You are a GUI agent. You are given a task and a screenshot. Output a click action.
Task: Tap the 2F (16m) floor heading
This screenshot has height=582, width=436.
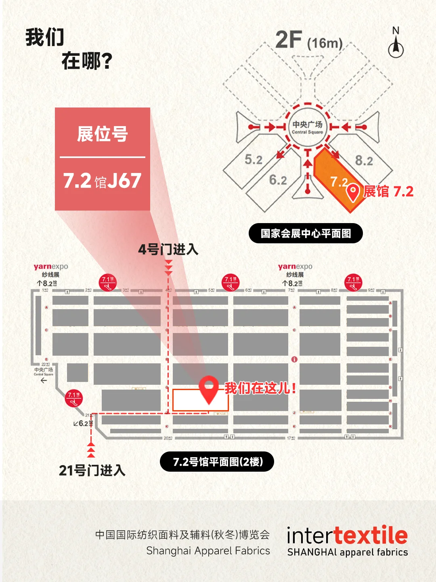pyautogui.click(x=309, y=40)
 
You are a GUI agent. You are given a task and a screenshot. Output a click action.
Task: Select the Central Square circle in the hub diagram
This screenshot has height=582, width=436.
pyautogui.click(x=308, y=127)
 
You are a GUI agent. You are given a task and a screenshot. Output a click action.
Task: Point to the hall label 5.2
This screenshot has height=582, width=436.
pyautogui.click(x=254, y=160)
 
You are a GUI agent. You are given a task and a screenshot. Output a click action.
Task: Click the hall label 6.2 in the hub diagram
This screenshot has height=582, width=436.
pyautogui.click(x=278, y=180)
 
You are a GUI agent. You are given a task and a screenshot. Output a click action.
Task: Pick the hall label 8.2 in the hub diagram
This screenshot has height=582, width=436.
pyautogui.click(x=364, y=161)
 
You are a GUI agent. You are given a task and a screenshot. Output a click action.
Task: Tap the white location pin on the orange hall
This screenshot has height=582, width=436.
pyautogui.click(x=353, y=192)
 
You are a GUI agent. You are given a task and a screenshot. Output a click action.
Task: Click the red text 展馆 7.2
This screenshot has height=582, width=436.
pyautogui.click(x=388, y=192)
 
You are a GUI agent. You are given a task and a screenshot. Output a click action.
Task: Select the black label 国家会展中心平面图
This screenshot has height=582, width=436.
pyautogui.click(x=306, y=234)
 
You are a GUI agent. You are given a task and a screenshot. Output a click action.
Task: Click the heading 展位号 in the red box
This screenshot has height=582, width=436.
pyautogui.click(x=103, y=134)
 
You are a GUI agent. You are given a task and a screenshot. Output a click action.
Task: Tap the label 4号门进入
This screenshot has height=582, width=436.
pyautogui.click(x=168, y=249)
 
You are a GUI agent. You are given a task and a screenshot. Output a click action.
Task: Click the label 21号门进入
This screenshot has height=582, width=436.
pyautogui.click(x=92, y=470)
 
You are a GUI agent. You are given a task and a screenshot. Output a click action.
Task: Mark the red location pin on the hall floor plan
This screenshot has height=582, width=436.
pyautogui.click(x=209, y=388)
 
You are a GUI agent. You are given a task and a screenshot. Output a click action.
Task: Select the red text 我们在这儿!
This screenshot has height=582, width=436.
pyautogui.click(x=260, y=388)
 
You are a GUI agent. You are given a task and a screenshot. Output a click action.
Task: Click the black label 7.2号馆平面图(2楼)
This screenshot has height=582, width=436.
pyautogui.click(x=217, y=462)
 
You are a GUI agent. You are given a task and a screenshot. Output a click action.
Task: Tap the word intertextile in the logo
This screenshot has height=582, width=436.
pyautogui.click(x=347, y=536)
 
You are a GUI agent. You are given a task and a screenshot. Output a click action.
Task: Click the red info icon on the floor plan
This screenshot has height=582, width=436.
pyautogui.click(x=294, y=359)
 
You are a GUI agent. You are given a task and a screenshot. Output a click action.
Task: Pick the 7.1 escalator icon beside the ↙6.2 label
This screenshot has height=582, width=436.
pyautogui.click(x=73, y=398)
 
